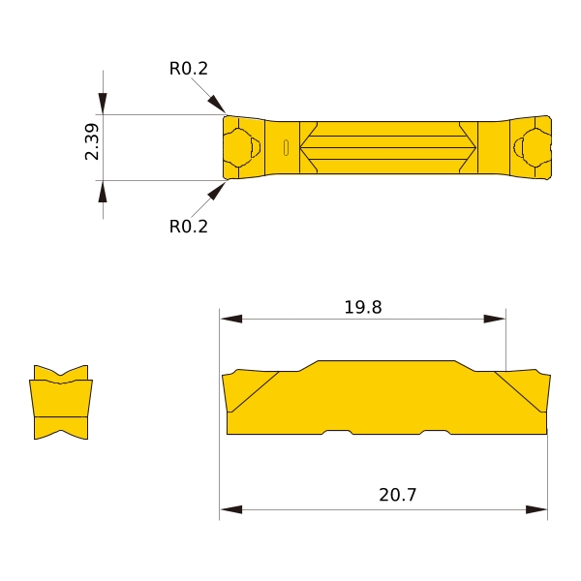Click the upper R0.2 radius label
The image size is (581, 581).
(188, 69)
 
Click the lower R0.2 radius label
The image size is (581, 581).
(188, 227)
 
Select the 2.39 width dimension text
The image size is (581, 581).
(92, 142)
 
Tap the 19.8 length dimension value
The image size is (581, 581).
(363, 307)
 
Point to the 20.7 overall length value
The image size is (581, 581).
(398, 495)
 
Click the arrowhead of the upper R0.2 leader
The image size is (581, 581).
(216, 104)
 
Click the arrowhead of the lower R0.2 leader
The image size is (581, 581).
(216, 191)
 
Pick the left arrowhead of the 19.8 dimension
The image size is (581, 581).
(230, 319)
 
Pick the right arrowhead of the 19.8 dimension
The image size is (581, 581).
(495, 319)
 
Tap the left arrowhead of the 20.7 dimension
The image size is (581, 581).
(230, 509)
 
